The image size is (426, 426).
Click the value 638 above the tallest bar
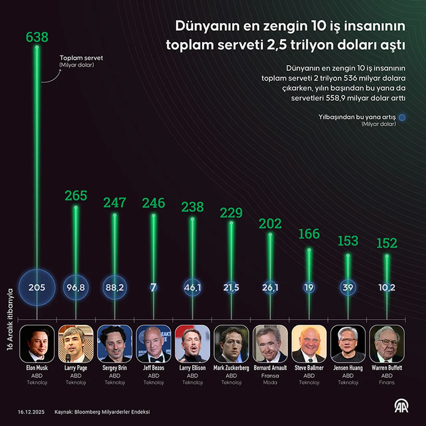click(x=37, y=37)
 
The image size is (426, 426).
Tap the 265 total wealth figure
click(x=76, y=196)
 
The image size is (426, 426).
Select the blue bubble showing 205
click(x=37, y=288)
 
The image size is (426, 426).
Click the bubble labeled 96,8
click(x=76, y=288)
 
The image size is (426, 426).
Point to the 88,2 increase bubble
click(x=114, y=288)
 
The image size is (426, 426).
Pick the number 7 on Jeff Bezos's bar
click(x=153, y=288)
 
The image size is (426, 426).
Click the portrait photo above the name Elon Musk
click(x=37, y=344)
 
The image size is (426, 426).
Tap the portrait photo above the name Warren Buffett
click(x=387, y=344)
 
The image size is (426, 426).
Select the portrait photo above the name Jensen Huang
click(x=348, y=344)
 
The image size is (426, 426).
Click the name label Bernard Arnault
click(x=270, y=368)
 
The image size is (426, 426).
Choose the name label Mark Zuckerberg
click(x=231, y=368)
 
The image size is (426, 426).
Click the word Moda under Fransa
click(x=270, y=382)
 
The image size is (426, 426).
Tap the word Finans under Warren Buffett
click(x=387, y=382)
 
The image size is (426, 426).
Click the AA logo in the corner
click(x=401, y=406)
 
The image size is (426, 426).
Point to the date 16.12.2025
click(x=31, y=412)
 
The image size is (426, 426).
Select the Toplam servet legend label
click(x=81, y=58)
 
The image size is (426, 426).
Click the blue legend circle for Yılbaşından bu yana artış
click(x=402, y=117)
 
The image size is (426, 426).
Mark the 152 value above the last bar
click(x=387, y=243)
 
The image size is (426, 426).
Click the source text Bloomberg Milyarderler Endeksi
click(x=112, y=412)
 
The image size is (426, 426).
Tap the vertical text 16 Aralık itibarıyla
click(x=10, y=319)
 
